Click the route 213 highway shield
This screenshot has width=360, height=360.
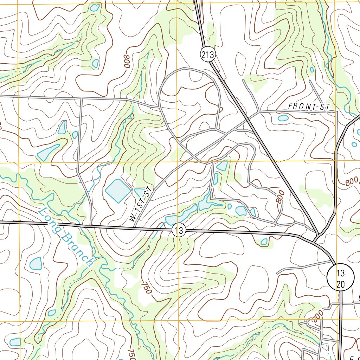[x=207, y=54]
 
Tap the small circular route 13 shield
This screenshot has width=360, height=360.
[x=179, y=231]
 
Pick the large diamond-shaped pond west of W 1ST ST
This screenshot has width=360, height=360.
[x=117, y=191]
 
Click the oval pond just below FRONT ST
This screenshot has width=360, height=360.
[x=283, y=118]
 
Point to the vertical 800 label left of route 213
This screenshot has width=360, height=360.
[x=280, y=197]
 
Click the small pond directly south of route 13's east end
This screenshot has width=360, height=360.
[x=264, y=242]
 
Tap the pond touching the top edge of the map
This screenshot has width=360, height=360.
[x=94, y=7]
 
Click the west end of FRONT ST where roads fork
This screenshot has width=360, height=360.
[x=259, y=112]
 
